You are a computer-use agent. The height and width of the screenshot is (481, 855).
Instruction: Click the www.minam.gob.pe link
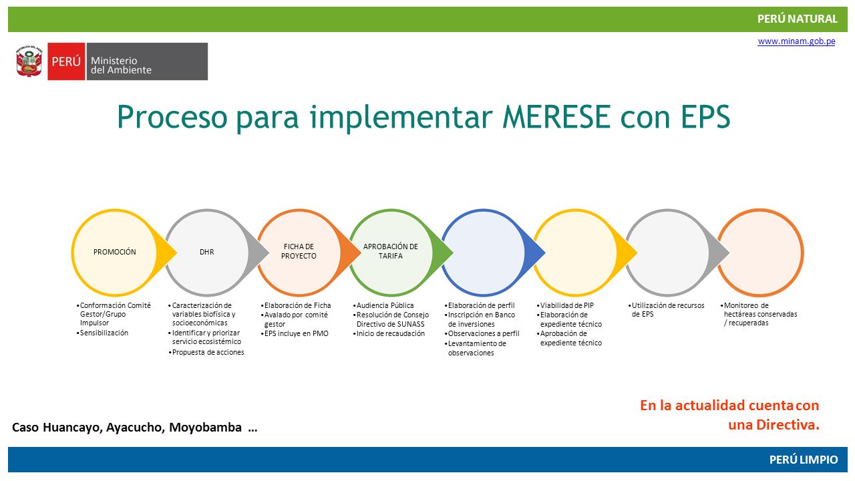coord(796,41)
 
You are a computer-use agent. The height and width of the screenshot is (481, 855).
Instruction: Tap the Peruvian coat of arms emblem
coord(29,61)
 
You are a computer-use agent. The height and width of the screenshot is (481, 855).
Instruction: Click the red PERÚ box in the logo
coord(66,61)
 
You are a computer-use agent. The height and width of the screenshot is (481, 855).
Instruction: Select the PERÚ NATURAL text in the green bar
coord(798,19)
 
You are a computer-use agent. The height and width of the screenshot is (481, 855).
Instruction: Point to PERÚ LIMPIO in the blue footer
coord(804,459)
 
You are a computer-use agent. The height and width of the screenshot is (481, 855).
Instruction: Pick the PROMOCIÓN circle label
coord(114,252)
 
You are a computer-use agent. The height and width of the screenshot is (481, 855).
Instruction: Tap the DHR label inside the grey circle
coord(207,252)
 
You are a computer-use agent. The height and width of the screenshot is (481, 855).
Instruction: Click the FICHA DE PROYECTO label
coord(299,251)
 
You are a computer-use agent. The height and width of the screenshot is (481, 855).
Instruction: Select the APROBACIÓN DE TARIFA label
coord(391,251)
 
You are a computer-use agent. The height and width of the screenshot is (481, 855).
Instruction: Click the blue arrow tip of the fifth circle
coord(544,253)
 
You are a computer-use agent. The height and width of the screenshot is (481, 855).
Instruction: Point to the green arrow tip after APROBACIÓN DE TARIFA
coord(453,253)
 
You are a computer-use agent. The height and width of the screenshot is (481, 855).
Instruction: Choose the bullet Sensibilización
coord(102,333)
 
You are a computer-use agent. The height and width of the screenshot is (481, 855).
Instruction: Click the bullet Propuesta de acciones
coord(206,352)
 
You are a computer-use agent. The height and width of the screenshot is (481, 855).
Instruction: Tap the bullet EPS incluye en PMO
coord(295,333)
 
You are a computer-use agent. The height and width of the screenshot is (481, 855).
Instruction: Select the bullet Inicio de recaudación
coord(389,333)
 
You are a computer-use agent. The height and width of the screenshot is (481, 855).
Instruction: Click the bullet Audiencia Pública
coord(383,305)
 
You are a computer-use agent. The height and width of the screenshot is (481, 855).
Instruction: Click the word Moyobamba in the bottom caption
coord(205,428)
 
